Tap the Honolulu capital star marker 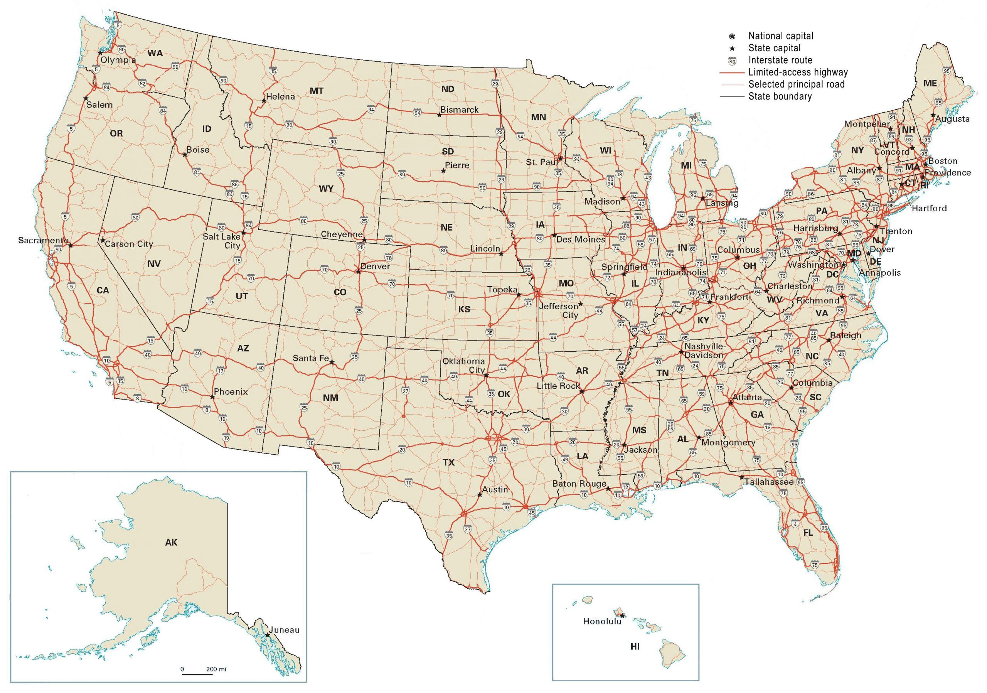pyautogui.click(x=622, y=616)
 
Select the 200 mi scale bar pyautogui.click(x=197, y=674)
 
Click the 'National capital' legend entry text pyautogui.click(x=781, y=36)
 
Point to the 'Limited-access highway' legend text pyautogui.click(x=798, y=72)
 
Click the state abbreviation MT pyautogui.click(x=317, y=91)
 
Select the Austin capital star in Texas pyautogui.click(x=479, y=495)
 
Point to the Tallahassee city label pyautogui.click(x=769, y=482)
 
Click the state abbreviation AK pyautogui.click(x=171, y=543)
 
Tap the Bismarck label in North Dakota pyautogui.click(x=459, y=110)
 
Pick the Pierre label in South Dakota pyautogui.click(x=457, y=165)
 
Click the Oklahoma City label pyautogui.click(x=464, y=366)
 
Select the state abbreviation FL pyautogui.click(x=808, y=533)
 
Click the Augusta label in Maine pyautogui.click(x=952, y=119)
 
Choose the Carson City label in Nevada pyautogui.click(x=129, y=244)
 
